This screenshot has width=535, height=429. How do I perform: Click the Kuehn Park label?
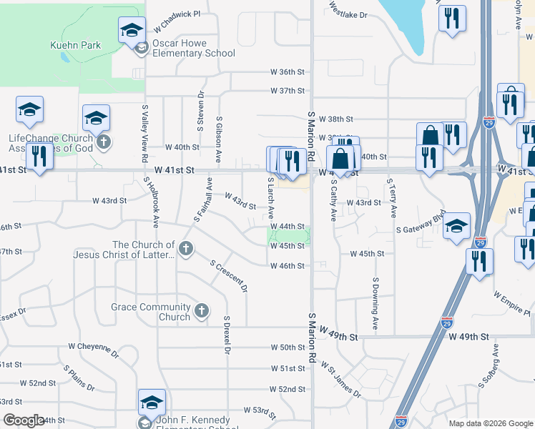point(75,45)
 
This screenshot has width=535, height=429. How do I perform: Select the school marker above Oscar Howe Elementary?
point(132,30)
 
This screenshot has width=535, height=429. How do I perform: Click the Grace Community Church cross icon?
point(202,311)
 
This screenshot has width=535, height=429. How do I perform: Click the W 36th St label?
point(288,72)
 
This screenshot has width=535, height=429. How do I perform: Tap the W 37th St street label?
point(288,91)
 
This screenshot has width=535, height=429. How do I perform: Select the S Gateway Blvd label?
point(421,222)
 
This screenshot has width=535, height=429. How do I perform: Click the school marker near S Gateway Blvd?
point(456,226)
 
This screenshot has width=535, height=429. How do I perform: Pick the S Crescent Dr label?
point(228,276)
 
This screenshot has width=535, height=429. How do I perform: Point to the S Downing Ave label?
point(375,303)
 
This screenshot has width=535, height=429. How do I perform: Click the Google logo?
point(24,420)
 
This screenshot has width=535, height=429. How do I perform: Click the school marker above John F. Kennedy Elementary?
point(152,403)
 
